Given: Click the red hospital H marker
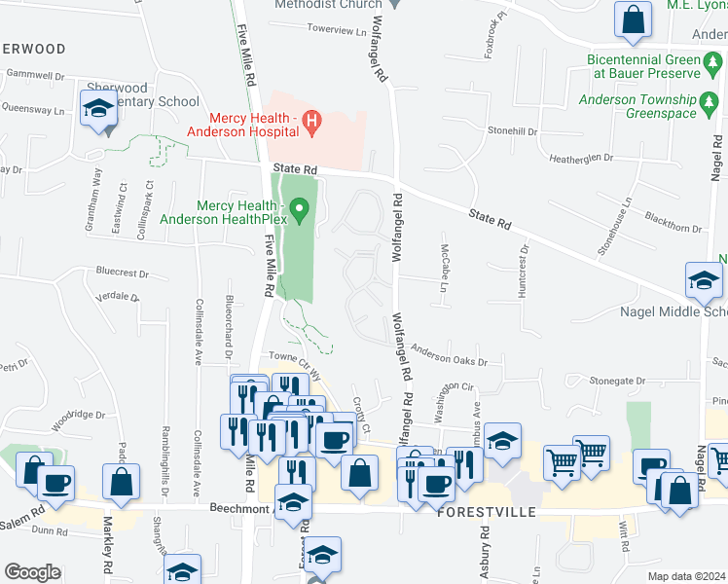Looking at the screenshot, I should pyautogui.click(x=311, y=122).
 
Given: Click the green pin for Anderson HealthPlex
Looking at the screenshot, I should pyautogui.click(x=300, y=207).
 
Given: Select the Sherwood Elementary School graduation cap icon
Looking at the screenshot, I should pyautogui.click(x=98, y=109).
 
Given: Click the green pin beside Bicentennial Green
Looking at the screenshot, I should pyautogui.click(x=713, y=66).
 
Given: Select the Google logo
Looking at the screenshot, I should pyautogui.click(x=32, y=572).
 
